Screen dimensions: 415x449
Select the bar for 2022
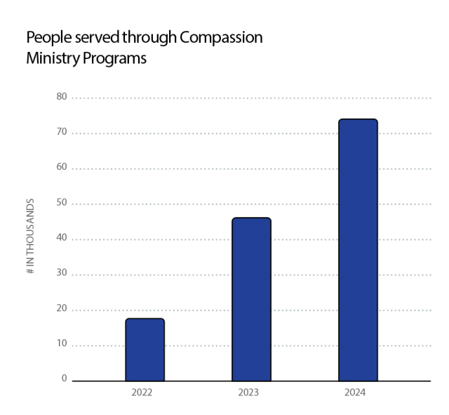pyautogui.click(x=145, y=350)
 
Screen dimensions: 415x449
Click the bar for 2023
pyautogui.click(x=251, y=299)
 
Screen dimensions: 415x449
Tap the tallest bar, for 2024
pyautogui.click(x=358, y=250)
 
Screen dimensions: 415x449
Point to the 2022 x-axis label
pyautogui.click(x=142, y=393)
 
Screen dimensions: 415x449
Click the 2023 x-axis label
pyautogui.click(x=248, y=393)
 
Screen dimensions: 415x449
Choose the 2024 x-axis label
pyautogui.click(x=354, y=393)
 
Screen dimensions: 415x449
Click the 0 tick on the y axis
pyautogui.click(x=63, y=378)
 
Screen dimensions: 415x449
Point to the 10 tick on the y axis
pyautogui.click(x=62, y=343)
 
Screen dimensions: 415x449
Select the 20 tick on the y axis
pyautogui.click(x=62, y=308)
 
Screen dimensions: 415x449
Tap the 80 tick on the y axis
pyautogui.click(x=62, y=96)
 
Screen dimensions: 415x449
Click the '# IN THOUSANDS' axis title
pyautogui.click(x=31, y=235)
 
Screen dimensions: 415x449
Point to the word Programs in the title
pyautogui.click(x=114, y=59)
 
